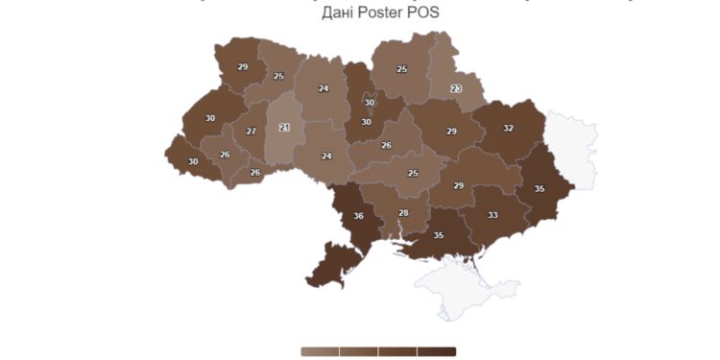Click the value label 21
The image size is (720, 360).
point(284,127)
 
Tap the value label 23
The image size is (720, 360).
point(456,89)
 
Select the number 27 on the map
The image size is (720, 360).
point(251,132)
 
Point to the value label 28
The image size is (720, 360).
point(403,213)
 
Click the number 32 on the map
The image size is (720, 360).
point(508,129)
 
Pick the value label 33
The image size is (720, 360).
point(492,216)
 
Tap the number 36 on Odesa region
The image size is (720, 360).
point(358,217)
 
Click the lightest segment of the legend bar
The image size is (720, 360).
point(320,351)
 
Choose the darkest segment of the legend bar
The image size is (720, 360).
point(437,351)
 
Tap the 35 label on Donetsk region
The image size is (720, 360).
point(540,189)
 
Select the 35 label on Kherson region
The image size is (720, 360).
point(439,236)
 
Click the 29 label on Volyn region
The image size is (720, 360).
point(243,67)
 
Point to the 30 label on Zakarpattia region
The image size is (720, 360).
point(193,162)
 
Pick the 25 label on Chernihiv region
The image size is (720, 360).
point(401,69)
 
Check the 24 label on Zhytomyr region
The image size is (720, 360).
point(324,89)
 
